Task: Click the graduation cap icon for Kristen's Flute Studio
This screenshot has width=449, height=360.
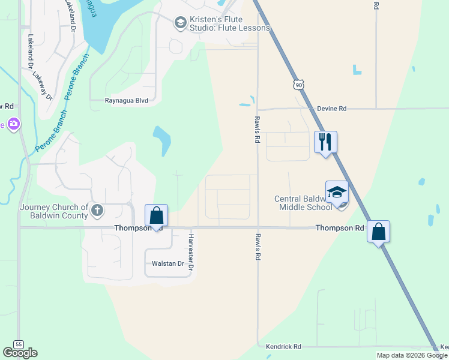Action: (179, 23)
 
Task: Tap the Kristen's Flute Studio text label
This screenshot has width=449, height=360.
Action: (229, 23)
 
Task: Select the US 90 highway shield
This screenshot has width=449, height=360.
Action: (299, 85)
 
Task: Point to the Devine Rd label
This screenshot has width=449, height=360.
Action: (333, 109)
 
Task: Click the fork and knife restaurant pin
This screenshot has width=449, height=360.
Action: (325, 142)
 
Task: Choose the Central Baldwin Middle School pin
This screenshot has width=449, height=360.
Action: (337, 193)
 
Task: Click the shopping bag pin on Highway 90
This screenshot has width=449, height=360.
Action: (378, 232)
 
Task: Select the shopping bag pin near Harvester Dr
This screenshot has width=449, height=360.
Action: (156, 215)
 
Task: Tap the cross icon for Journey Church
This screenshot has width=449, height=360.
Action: (97, 211)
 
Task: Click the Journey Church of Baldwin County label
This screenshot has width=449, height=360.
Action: (54, 211)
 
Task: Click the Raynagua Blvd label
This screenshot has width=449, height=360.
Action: (127, 101)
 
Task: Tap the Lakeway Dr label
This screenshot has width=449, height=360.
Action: (42, 86)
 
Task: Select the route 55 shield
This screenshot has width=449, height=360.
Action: (20, 344)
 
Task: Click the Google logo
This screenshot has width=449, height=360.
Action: (20, 353)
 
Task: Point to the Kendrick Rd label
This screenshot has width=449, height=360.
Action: (284, 347)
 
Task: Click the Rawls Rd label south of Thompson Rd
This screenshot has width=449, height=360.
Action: (258, 247)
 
